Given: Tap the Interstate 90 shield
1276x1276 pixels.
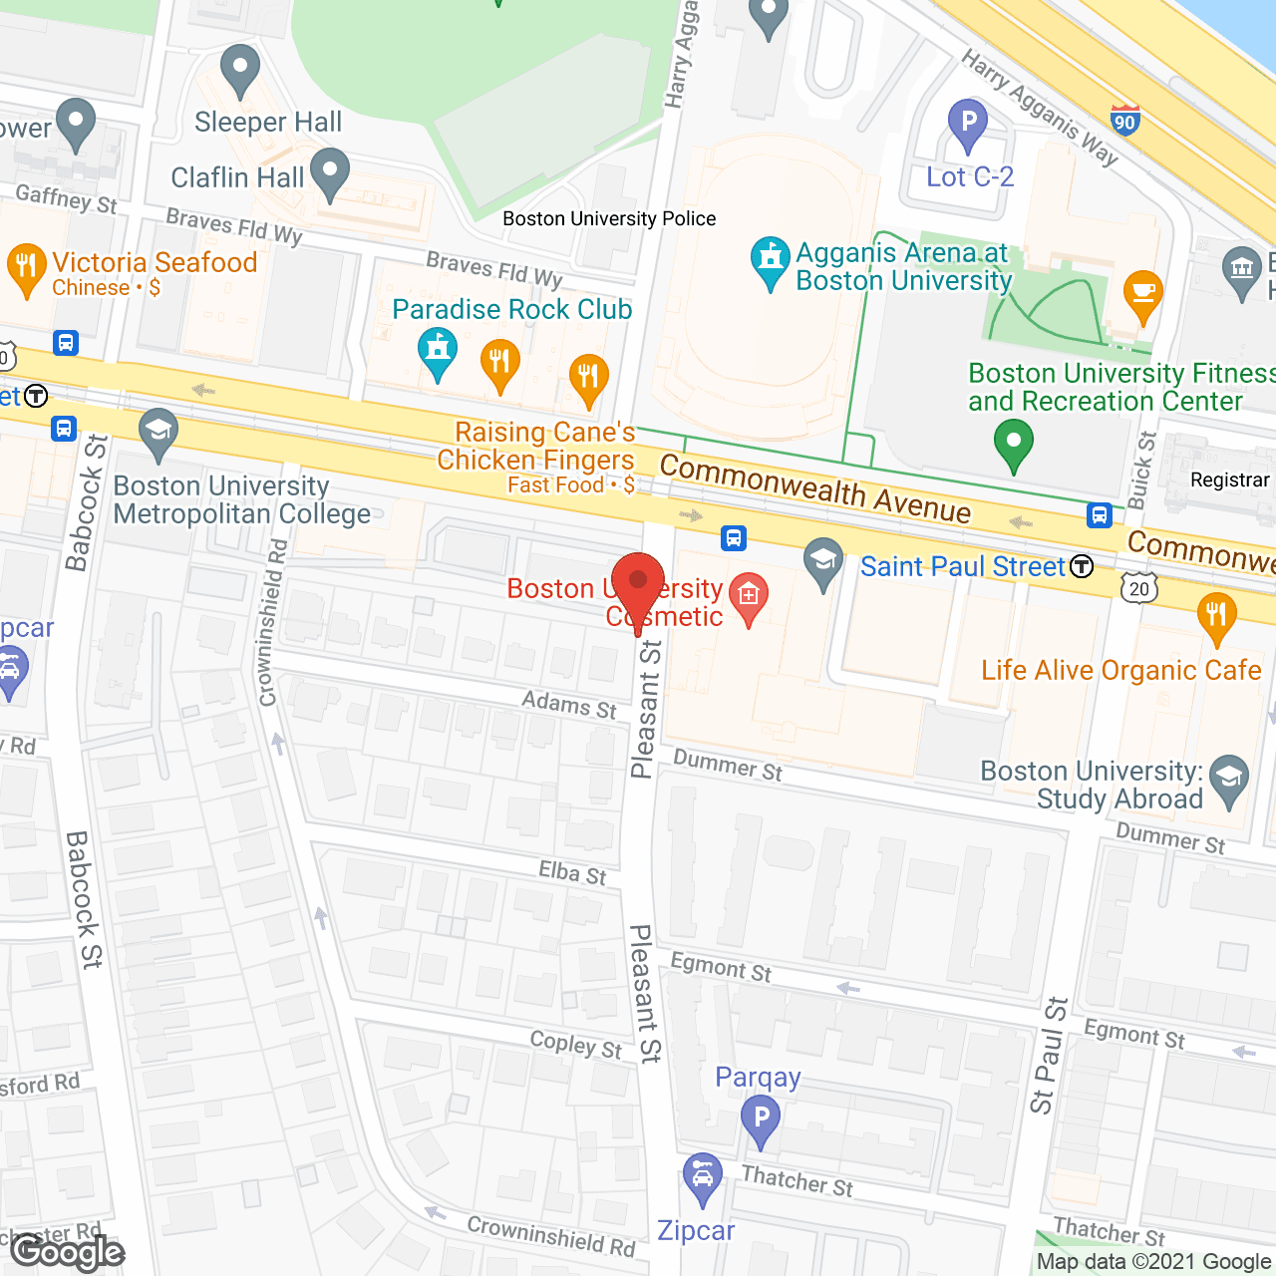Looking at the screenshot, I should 1124,119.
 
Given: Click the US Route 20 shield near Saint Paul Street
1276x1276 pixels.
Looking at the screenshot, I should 1139,588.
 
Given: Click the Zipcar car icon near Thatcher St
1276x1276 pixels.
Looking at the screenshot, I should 703,1177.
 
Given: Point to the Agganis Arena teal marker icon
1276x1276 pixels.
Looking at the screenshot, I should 770,259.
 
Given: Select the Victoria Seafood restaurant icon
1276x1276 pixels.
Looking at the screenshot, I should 26,267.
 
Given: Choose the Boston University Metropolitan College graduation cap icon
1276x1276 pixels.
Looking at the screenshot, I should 159,432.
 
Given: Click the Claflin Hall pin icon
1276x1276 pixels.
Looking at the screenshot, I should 330,172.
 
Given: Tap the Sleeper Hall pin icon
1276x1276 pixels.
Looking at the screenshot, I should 239,69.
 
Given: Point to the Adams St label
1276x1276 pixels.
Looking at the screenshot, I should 569,705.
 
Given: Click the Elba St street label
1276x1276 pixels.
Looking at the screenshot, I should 572,873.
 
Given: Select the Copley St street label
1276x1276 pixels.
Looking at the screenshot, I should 575,1045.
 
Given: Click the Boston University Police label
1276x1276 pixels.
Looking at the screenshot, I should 609,218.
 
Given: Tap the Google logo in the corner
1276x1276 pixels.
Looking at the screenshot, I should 67,1251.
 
